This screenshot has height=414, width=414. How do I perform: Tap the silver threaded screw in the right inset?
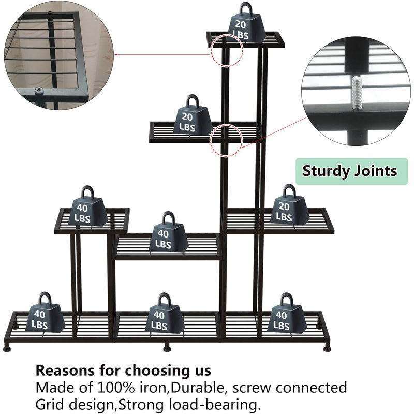[357, 93]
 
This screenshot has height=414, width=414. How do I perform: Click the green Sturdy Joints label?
[351, 171]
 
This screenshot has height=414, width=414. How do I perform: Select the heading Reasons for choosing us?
[123, 370]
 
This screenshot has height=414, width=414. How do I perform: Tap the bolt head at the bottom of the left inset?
[39, 92]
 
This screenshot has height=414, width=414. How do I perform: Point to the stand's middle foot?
[167, 348]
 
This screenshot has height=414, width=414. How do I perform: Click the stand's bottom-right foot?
[328, 347]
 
